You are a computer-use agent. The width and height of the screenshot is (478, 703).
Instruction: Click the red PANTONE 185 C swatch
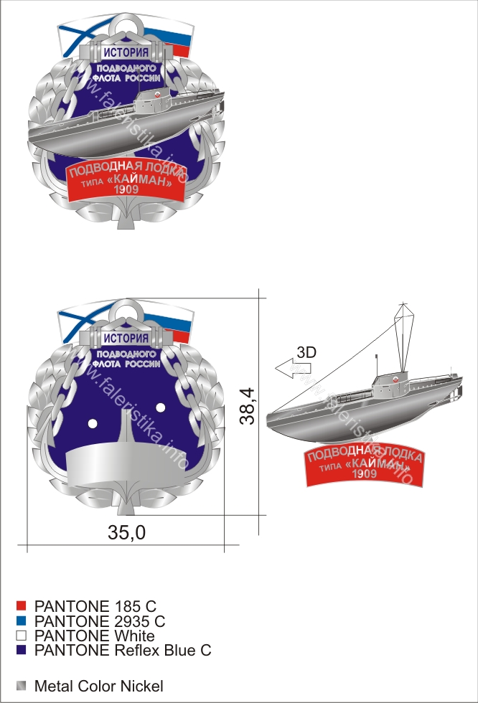point(21,606)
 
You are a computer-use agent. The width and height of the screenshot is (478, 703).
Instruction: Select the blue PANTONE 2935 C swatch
point(21,621)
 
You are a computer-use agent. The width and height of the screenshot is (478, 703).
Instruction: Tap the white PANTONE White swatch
point(21,636)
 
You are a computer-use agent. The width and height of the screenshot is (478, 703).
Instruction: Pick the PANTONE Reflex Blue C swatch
point(21,650)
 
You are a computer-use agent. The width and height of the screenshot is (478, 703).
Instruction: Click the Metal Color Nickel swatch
point(21,686)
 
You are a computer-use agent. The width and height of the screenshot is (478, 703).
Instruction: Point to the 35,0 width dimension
point(127,532)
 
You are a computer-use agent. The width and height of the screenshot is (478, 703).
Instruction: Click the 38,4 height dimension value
point(247,406)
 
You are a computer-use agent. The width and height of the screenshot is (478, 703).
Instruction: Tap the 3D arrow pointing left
point(292,369)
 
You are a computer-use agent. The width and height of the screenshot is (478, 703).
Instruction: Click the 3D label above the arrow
point(306,352)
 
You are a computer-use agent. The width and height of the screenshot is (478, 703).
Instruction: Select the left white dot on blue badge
point(93,423)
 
